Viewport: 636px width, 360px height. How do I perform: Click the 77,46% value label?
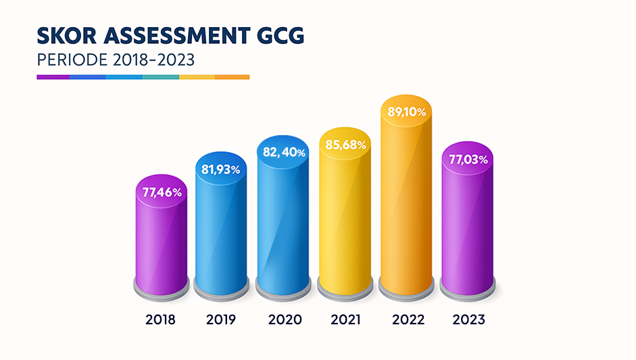[x=162, y=192]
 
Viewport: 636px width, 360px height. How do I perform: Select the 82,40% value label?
[x=284, y=153]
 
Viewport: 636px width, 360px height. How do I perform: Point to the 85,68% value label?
[x=346, y=145]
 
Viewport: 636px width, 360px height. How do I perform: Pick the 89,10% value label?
[x=406, y=112]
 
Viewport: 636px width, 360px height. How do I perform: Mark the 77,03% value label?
[x=467, y=159]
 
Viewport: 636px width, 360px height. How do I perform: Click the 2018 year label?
[x=160, y=319]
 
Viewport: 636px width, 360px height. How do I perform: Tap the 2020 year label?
[x=285, y=319]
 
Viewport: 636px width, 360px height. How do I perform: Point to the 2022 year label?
[x=408, y=319]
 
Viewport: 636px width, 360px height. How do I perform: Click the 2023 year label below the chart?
[x=468, y=319]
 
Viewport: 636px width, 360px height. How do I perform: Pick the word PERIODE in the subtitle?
[x=70, y=59]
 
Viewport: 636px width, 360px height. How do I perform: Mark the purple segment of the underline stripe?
[x=53, y=77]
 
